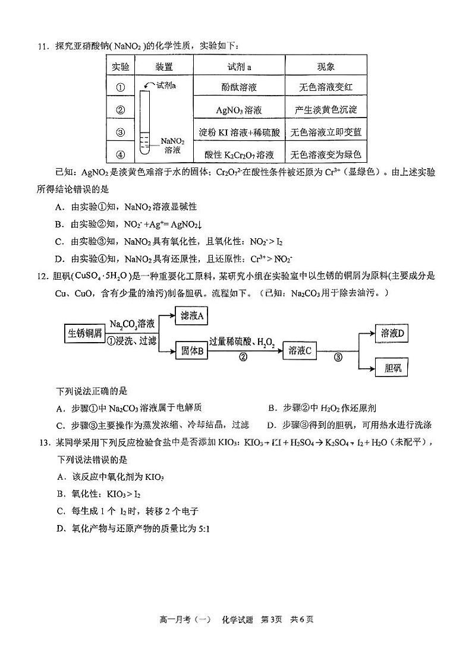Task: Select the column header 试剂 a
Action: pyautogui.click(x=239, y=67)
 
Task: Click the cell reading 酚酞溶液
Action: pyautogui.click(x=239, y=87)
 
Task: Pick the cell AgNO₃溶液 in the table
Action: pyautogui.click(x=239, y=110)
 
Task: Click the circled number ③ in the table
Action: pyautogui.click(x=121, y=132)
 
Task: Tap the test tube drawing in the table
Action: pyautogui.click(x=146, y=122)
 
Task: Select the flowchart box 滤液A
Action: pyautogui.click(x=192, y=317)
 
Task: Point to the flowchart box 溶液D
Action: pyautogui.click(x=392, y=334)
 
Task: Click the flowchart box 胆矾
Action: pyautogui.click(x=392, y=368)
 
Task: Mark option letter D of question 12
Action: pyautogui.click(x=270, y=425)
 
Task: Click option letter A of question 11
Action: pyautogui.click(x=58, y=207)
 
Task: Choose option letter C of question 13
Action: pyautogui.click(x=59, y=511)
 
